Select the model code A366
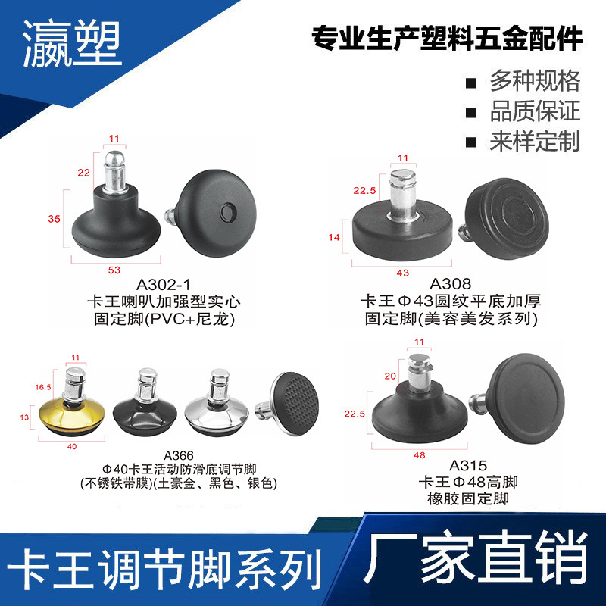click(179, 454)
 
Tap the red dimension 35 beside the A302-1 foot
click(54, 219)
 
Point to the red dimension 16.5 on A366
click(43, 387)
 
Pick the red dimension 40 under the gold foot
click(73, 445)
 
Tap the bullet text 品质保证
click(535, 111)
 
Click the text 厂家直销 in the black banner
click(475, 564)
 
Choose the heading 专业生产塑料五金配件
click(447, 39)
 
